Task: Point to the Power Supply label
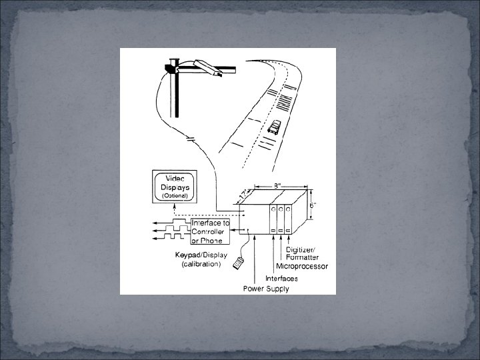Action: tap(265, 289)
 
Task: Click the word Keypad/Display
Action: tap(201, 255)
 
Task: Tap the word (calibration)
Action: tap(201, 264)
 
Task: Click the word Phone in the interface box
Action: tap(214, 241)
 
